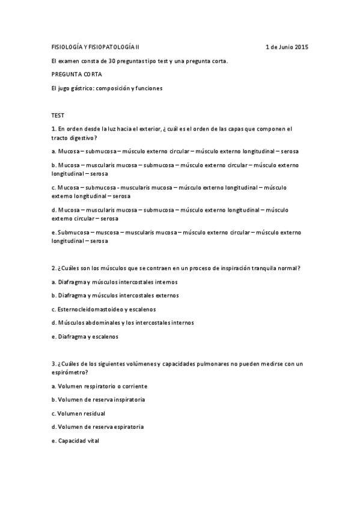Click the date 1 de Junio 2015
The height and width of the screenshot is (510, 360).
[287, 47]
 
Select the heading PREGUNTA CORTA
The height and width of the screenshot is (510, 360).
[77, 74]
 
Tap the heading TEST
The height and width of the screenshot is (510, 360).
[58, 115]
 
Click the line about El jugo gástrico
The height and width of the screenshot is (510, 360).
[107, 88]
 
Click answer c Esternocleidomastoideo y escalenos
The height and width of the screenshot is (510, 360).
[104, 309]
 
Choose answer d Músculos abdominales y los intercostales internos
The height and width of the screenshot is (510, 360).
[123, 323]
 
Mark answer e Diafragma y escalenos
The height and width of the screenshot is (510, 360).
[85, 337]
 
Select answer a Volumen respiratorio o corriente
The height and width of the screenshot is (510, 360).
[99, 386]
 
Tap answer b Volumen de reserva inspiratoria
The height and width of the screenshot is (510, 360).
[98, 399]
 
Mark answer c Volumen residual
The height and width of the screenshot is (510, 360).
[78, 413]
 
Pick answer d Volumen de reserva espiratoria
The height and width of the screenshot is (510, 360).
[97, 427]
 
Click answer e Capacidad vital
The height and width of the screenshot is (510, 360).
[75, 441]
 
